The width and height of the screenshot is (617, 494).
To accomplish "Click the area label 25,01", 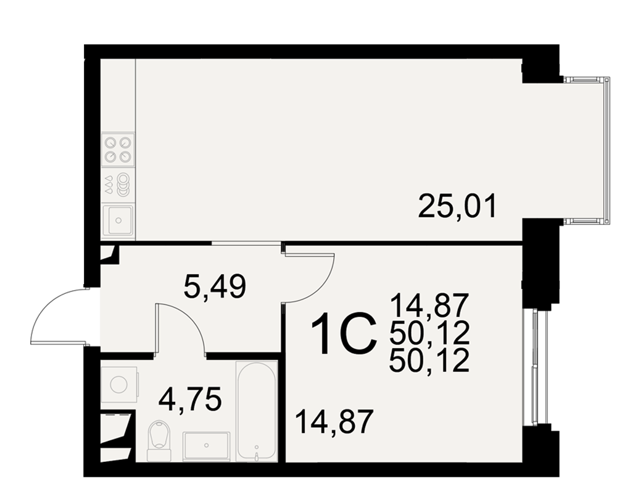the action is (458, 207).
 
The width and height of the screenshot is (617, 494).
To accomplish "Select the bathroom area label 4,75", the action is (189, 400).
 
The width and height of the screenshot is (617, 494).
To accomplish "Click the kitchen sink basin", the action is (118, 220).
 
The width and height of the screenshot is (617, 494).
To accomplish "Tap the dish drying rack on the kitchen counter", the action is (118, 185).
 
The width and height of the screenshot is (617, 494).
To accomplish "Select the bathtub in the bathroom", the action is (256, 411).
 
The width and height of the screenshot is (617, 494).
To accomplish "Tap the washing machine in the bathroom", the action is (119, 384).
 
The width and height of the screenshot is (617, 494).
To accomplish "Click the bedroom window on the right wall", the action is (535, 367).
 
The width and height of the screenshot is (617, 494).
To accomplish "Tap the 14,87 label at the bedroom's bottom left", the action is (334, 421).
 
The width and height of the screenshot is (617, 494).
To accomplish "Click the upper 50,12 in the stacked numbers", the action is (429, 333).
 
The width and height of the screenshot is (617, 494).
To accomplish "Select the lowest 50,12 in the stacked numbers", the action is (429, 361).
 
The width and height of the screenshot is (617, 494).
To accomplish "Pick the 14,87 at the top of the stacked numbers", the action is (429, 305).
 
